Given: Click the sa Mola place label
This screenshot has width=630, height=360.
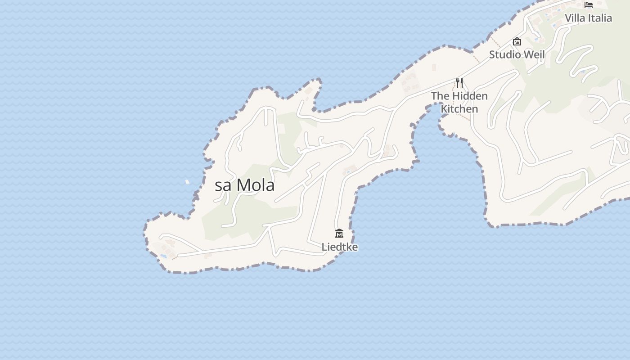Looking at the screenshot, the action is tap(244, 185).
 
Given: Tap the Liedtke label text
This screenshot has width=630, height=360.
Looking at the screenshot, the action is tap(340, 247).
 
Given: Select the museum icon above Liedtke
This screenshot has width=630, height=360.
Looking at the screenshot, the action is tap(339, 233).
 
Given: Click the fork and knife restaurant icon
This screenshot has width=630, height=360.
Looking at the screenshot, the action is tap(459, 83).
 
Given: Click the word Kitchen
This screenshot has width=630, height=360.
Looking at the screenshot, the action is tap(459, 109).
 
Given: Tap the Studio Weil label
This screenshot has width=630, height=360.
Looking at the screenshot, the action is tap(517, 54).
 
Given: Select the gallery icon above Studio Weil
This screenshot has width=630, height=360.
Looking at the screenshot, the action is tap(517, 41).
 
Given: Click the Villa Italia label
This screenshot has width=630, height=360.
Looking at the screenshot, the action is tap(588, 18).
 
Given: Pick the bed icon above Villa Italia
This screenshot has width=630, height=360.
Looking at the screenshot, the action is tap(589, 5).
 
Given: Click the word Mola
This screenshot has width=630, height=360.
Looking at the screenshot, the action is tap(255, 185).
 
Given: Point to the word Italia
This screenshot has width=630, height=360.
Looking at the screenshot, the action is tap(600, 18).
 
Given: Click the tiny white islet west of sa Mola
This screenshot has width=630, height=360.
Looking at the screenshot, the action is tap(187, 182).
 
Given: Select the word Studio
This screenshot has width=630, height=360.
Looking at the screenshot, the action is tap(504, 54).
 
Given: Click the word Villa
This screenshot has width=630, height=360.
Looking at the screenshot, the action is tap(575, 18).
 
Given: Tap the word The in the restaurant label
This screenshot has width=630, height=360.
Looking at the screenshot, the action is tap(440, 96).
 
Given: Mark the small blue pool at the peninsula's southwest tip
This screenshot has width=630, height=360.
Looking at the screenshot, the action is tap(163, 256).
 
